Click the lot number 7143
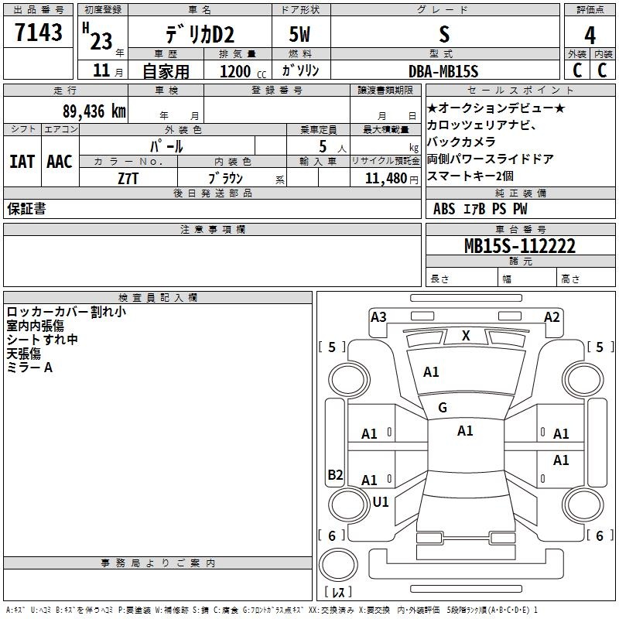[39, 32]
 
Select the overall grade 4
[590, 36]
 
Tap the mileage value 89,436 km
[94, 111]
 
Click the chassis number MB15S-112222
[520, 246]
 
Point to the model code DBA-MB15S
[443, 71]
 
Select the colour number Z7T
[128, 179]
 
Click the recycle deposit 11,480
[386, 179]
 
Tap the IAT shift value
[22, 162]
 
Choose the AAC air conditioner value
[60, 162]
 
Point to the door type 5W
[299, 34]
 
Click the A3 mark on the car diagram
[378, 317]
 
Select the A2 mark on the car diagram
[552, 317]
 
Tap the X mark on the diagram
[466, 336]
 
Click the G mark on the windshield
[443, 408]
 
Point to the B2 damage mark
[335, 474]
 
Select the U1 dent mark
[381, 501]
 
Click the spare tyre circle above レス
[338, 565]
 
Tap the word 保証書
[26, 208]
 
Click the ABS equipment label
[444, 209]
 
